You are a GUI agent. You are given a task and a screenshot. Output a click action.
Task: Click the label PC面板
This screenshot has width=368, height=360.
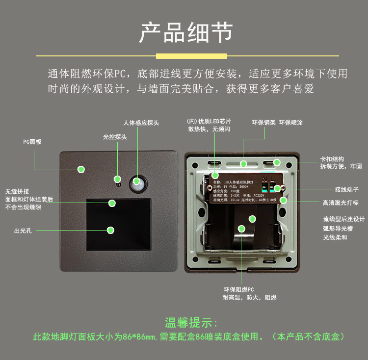click(32, 142)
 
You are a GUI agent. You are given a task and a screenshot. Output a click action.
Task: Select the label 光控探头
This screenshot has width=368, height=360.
click(115, 137)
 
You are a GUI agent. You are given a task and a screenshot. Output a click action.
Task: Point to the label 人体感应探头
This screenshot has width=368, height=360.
click(141, 123)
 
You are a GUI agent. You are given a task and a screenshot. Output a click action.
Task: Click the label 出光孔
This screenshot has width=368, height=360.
click(23, 231)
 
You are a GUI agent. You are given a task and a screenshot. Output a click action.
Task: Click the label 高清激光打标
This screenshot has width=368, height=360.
click(341, 203)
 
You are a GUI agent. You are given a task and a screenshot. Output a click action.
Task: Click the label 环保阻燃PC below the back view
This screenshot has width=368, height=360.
click(238, 289)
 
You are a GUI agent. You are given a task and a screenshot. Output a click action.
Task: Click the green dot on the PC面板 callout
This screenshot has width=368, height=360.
click(81, 169)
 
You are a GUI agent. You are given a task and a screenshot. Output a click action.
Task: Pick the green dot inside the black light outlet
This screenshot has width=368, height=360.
click(111, 230)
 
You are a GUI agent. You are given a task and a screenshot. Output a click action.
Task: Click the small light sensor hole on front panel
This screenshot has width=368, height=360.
click(118, 184)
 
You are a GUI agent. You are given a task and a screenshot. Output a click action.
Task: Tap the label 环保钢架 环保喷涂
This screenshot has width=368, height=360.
click(277, 123)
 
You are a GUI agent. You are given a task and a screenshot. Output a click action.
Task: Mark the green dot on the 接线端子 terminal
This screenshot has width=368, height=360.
click(277, 188)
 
